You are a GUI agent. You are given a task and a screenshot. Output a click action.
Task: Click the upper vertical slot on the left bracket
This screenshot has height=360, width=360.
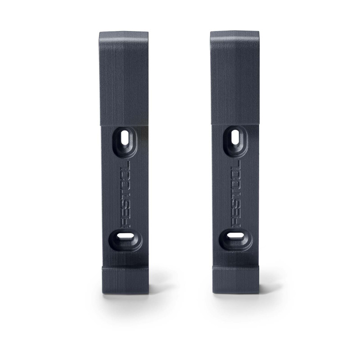point(125,138)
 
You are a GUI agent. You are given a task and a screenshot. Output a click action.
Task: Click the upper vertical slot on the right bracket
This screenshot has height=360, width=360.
point(235,137)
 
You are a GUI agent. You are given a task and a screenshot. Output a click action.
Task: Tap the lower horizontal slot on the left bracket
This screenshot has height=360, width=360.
point(125,237)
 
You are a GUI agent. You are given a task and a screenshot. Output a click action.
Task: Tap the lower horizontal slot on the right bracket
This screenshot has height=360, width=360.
point(235,237)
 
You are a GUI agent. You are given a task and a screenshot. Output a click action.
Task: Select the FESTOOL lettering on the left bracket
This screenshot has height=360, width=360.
point(125,194)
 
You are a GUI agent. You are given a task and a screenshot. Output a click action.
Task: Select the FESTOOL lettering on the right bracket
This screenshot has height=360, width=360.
point(235,194)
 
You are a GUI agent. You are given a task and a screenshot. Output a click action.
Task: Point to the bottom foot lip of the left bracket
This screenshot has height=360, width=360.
point(125,279)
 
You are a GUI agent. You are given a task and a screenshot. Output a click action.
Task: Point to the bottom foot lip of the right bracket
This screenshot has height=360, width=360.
point(235,279)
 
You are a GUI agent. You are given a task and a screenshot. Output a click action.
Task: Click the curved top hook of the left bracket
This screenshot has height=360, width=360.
point(123,41)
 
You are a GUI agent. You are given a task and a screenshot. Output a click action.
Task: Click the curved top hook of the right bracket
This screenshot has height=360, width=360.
point(234,41)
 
